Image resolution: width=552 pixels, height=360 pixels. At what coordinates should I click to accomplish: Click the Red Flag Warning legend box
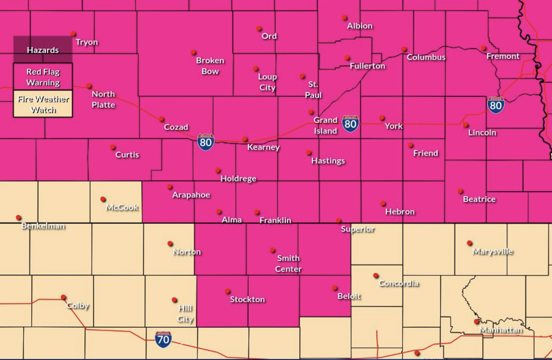coord(43,77)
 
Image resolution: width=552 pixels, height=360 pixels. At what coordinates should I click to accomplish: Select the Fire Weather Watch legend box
coord(43,104)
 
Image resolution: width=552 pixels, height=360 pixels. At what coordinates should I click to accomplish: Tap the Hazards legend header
coord(43,50)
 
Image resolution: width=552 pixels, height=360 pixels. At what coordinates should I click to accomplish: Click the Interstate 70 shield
coord(163,339)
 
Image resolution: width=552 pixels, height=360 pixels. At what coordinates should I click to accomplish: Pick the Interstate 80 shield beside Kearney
coord(206,142)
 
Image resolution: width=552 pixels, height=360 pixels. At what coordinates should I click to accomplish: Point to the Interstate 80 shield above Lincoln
coord(496,105)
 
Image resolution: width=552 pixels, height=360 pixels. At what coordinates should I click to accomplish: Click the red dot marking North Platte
coord(89,86)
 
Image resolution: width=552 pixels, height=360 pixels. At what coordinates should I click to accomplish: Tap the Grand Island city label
coord(326,126)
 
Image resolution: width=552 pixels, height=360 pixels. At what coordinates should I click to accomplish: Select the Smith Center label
coord(288,264)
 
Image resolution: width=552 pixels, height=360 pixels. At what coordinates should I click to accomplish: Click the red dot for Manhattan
coord(477,322)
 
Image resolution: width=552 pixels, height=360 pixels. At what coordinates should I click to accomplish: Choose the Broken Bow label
coord(210,66)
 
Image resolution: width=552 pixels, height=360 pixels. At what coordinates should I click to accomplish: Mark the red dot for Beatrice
coord(460,191)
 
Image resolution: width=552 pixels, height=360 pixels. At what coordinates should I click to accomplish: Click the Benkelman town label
coord(43,226)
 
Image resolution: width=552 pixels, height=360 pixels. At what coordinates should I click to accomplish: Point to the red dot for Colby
coord(63,297)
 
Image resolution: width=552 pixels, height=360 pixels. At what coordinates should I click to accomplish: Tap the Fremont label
coord(503,56)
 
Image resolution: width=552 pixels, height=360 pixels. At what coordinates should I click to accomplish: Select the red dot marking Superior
coord(339,221)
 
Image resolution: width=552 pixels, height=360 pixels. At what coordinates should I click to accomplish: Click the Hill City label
coord(186,314)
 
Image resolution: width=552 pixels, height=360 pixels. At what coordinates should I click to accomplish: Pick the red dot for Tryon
coord(73,34)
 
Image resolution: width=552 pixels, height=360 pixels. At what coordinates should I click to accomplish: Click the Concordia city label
coord(398,283)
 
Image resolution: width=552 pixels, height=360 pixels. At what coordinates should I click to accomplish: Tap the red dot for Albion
coord(345,18)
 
